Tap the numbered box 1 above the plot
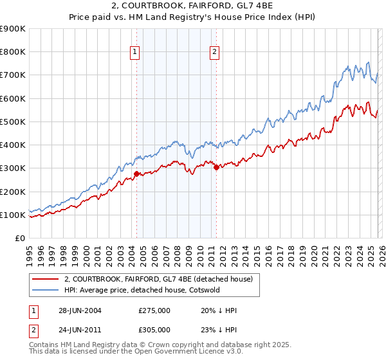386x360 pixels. pyautogui.click(x=136, y=53)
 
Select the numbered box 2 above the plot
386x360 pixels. pyautogui.click(x=214, y=53)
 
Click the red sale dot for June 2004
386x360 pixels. pyautogui.click(x=136, y=174)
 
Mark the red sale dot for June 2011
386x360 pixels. pyautogui.click(x=216, y=167)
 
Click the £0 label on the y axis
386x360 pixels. pyautogui.click(x=20, y=238)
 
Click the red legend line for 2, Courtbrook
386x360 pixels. pyautogui.click(x=45, y=279)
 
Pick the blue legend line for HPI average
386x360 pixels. pyautogui.click(x=45, y=290)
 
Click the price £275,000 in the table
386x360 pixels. pyautogui.click(x=154, y=310)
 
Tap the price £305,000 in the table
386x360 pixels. pyautogui.click(x=154, y=332)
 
